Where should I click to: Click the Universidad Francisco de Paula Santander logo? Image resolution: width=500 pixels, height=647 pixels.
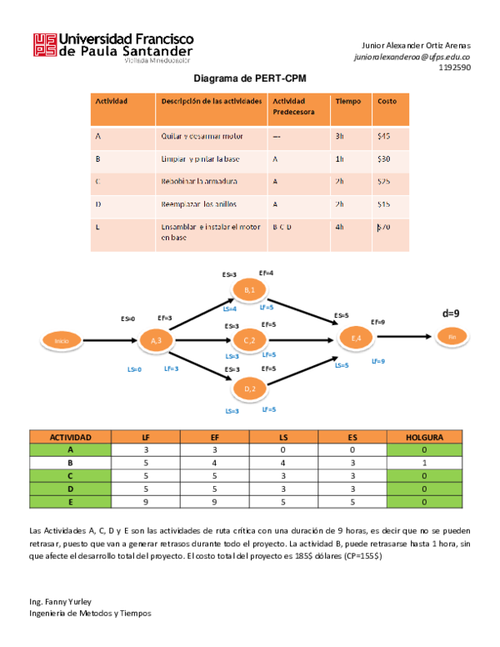[x=113, y=47]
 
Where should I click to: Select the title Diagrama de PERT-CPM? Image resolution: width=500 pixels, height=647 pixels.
[x=249, y=78]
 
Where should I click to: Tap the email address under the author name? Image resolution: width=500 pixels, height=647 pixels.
[x=412, y=57]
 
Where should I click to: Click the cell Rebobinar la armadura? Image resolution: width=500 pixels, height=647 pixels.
[x=199, y=181]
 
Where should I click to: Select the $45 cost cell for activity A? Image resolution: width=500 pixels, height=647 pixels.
[x=383, y=135]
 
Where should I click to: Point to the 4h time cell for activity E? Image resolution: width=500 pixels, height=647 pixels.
[x=339, y=227]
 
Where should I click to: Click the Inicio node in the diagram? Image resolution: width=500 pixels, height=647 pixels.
[x=61, y=340]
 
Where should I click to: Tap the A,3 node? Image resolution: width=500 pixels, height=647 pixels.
[x=155, y=340]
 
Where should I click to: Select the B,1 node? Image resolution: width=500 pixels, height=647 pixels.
[x=249, y=289]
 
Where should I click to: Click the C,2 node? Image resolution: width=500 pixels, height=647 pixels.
[x=249, y=340]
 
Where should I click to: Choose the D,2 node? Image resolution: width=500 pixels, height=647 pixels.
[x=249, y=389]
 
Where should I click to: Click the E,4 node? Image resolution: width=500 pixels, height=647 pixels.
[x=356, y=338]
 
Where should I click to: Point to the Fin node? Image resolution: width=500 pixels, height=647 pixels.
[x=452, y=336]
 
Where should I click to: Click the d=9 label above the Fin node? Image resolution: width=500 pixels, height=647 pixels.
[x=451, y=313]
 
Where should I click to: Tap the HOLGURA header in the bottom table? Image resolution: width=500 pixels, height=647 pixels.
[x=424, y=437]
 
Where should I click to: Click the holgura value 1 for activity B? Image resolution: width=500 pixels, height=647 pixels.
[x=424, y=461]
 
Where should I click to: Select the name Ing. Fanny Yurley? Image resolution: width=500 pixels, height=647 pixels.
[x=60, y=601]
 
